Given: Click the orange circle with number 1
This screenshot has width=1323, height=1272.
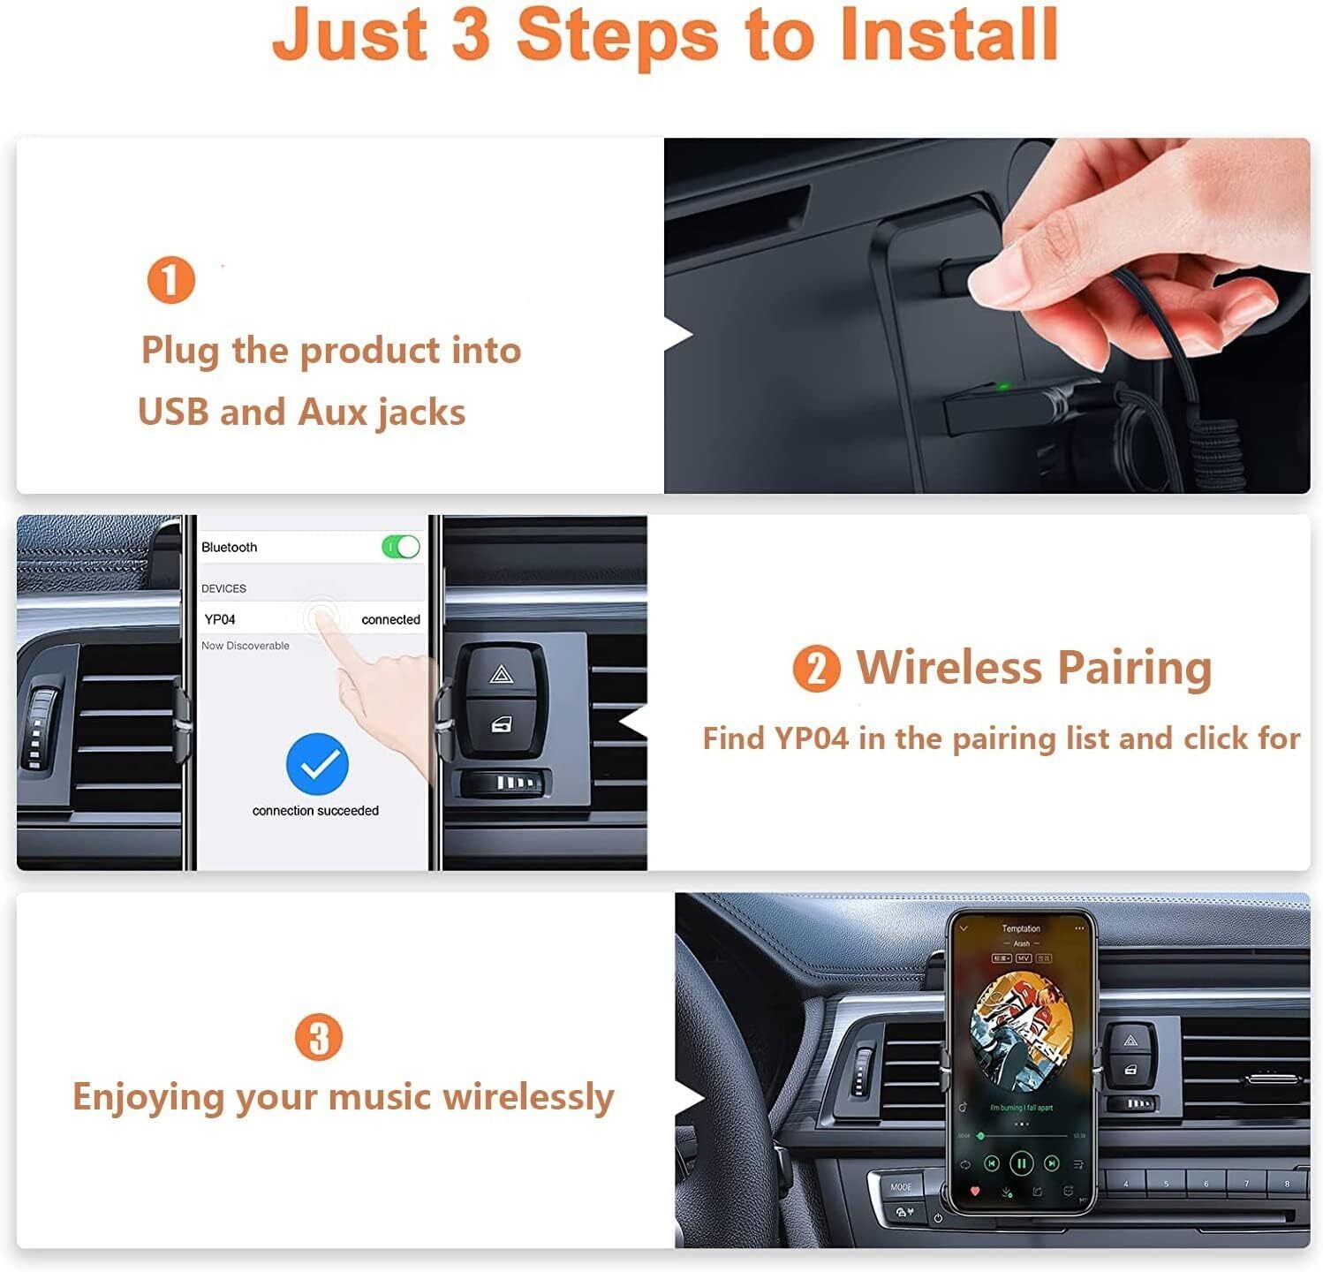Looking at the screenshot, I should pos(170,281).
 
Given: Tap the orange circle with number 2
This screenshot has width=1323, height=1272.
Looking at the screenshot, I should pos(816,669).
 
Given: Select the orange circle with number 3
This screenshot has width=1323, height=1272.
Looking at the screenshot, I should pos(318,1037).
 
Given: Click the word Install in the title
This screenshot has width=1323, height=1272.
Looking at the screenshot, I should pos(949,35).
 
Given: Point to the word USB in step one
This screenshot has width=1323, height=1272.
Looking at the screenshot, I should pos(173,413).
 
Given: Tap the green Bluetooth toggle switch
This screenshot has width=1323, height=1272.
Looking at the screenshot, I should pos(401,547).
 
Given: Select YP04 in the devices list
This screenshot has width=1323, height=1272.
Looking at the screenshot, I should pos(220,619).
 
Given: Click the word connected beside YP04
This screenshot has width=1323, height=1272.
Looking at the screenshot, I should pos(390,619).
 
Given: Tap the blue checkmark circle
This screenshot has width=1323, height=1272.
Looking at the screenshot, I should pos(317,764).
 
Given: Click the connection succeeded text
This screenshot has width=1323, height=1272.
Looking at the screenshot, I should pos(315,811).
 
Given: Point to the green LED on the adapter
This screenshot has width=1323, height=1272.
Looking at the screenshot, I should pos(1002,386).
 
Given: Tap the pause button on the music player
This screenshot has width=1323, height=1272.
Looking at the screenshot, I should pos(1021,1163).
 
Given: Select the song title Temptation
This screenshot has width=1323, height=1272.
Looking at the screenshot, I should pos(1021,928).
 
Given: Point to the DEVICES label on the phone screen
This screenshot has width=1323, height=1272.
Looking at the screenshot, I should pos(223,588).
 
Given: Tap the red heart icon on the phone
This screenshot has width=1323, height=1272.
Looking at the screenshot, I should pos(975,1191).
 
